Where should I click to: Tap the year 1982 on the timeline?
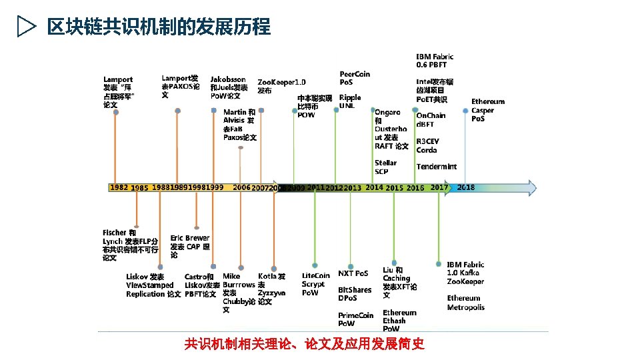[x=119, y=187]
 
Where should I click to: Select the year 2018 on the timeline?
[x=466, y=187]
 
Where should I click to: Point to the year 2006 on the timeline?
[x=241, y=187]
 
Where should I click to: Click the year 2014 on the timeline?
[x=374, y=187]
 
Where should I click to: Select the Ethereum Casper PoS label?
[x=487, y=110]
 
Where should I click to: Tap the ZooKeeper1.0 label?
[x=281, y=86]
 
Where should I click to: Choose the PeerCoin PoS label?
[x=355, y=78]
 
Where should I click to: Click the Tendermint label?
[x=436, y=167]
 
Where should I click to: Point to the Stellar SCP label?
[x=385, y=167]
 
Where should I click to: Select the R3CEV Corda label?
[x=427, y=146]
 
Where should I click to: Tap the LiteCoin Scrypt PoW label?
[x=315, y=284]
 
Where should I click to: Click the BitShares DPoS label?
[x=355, y=294]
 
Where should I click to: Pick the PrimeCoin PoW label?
[x=355, y=319]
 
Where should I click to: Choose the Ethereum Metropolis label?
[x=465, y=303]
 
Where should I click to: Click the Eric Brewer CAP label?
[x=190, y=246]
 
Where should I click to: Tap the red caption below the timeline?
[x=304, y=344]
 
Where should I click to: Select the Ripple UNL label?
[x=350, y=101]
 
